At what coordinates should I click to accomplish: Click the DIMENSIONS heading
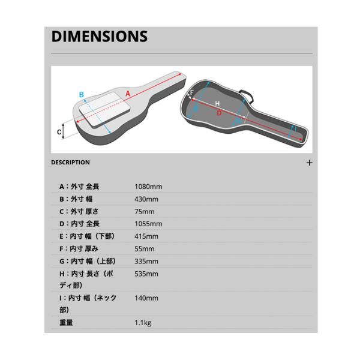pyautogui.click(x=100, y=36)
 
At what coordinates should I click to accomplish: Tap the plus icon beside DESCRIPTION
pyautogui.click(x=309, y=163)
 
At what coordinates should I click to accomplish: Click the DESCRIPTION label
pyautogui.click(x=70, y=163)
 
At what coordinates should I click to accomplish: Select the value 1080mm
pyautogui.click(x=148, y=187)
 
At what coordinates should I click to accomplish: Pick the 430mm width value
pyautogui.click(x=146, y=199)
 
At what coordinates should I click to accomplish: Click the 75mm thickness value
pyautogui.click(x=145, y=211)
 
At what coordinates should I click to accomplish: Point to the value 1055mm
pyautogui.click(x=148, y=224)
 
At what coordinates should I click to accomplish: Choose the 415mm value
pyautogui.click(x=146, y=236)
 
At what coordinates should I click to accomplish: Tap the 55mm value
pyautogui.click(x=145, y=248)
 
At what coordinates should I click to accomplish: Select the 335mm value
pyautogui.click(x=146, y=261)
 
